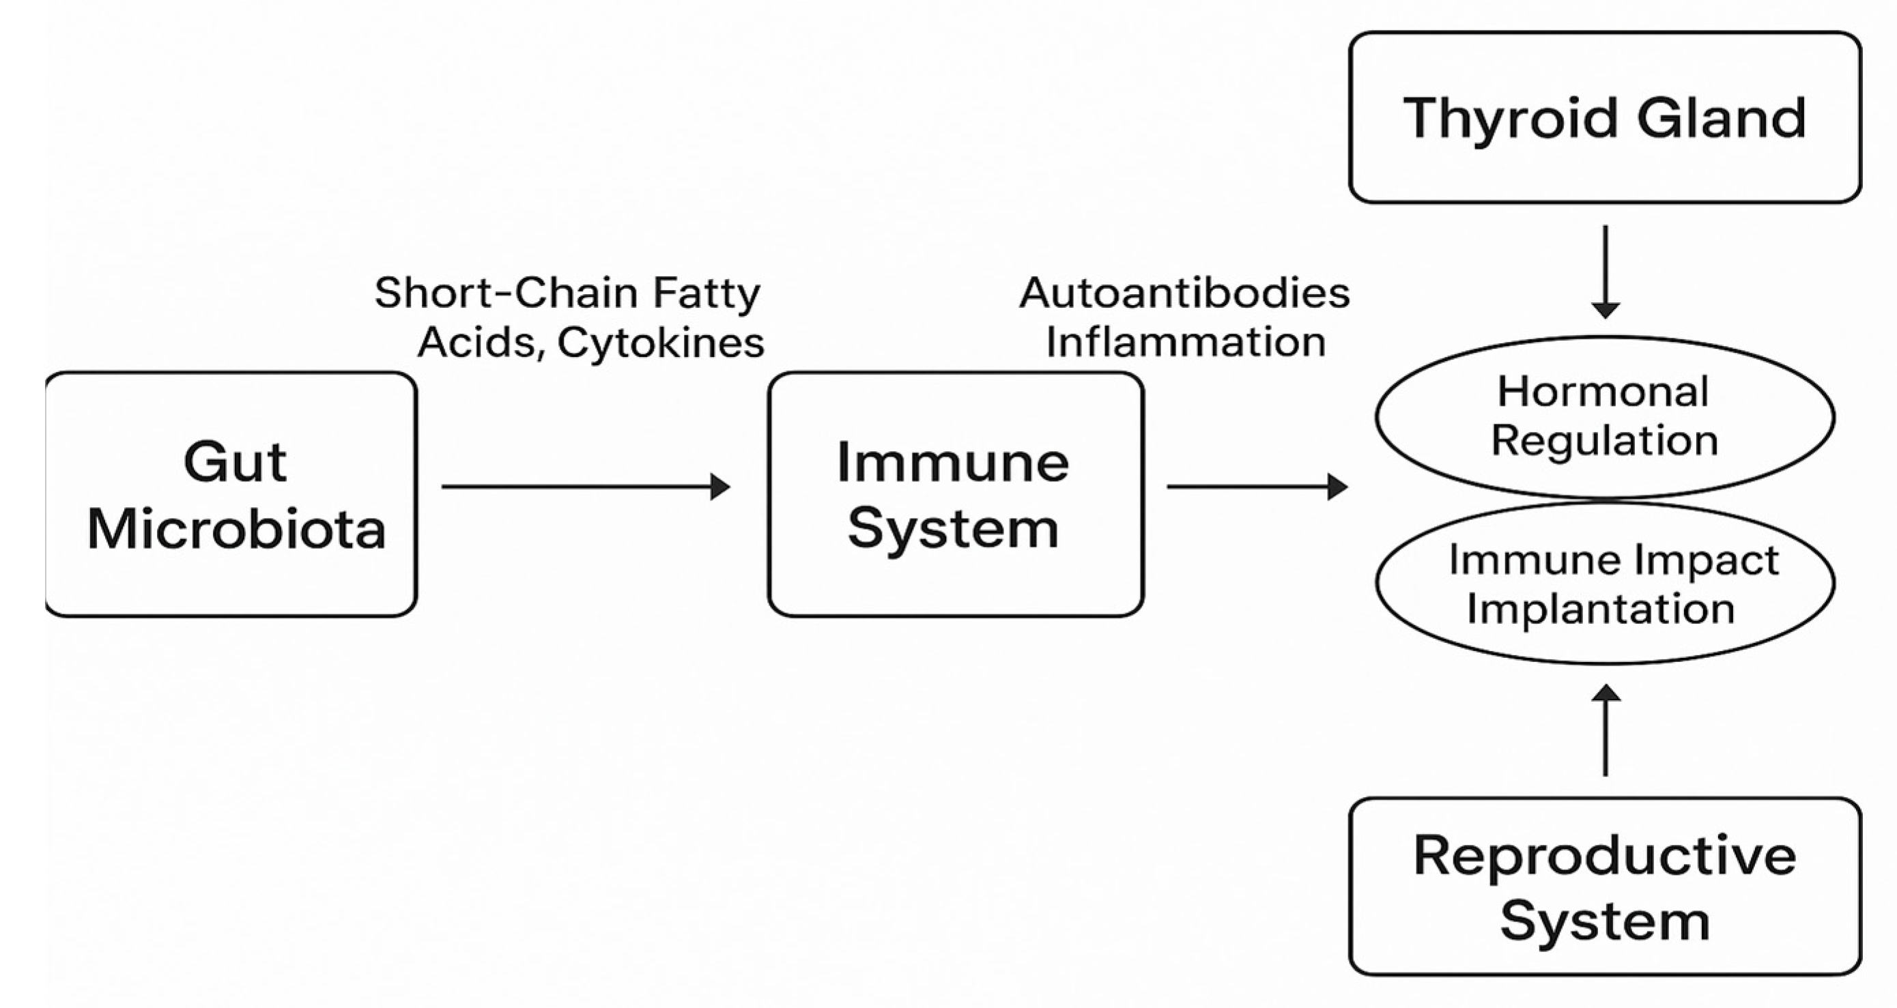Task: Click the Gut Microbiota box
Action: click(231, 494)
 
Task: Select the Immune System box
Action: click(955, 494)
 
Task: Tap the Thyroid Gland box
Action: click(1605, 117)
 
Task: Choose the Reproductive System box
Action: click(1605, 887)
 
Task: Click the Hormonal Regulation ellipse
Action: click(1605, 417)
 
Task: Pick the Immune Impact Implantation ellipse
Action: click(1605, 583)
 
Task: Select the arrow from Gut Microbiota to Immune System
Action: click(586, 487)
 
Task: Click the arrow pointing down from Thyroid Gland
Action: click(1605, 272)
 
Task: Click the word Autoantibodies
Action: click(1184, 293)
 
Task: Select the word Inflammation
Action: click(1186, 343)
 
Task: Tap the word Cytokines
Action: click(661, 343)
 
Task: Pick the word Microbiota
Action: click(236, 529)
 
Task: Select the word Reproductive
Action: click(1605, 856)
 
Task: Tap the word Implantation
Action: click(1601, 609)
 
